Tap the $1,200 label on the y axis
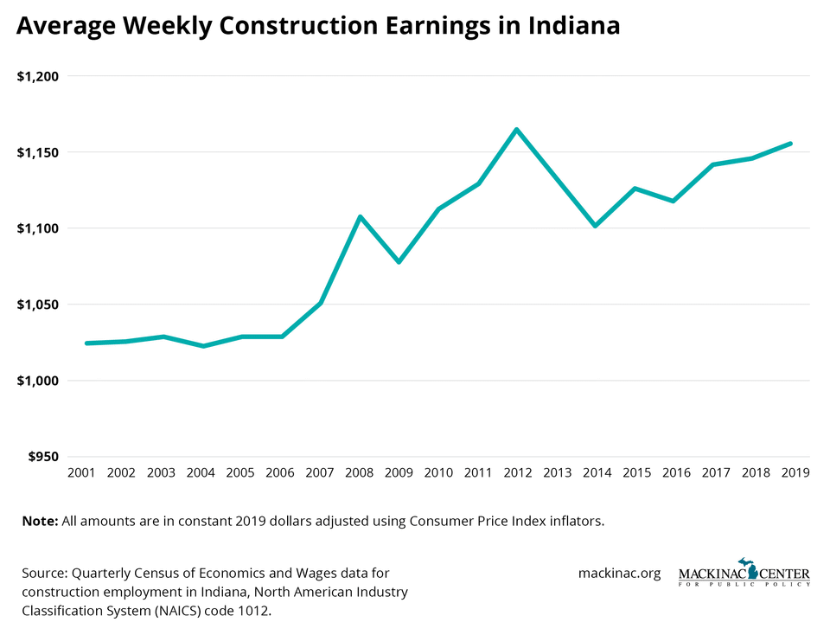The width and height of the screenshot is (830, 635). [37, 76]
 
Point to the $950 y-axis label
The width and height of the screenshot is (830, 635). [41, 457]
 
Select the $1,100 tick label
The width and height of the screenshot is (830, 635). [37, 228]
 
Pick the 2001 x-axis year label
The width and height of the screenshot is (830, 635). [81, 473]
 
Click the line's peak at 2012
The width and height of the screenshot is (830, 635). [516, 130]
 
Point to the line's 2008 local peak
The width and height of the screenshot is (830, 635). [360, 216]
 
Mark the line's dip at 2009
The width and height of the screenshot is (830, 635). [399, 261]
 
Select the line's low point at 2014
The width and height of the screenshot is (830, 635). [595, 226]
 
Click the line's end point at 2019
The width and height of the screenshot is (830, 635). [790, 144]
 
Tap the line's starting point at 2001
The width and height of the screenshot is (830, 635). [86, 343]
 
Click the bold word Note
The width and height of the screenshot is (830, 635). [38, 521]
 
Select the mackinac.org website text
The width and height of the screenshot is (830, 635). [619, 573]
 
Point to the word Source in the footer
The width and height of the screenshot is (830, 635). [44, 573]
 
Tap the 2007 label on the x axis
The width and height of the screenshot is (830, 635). [320, 473]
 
